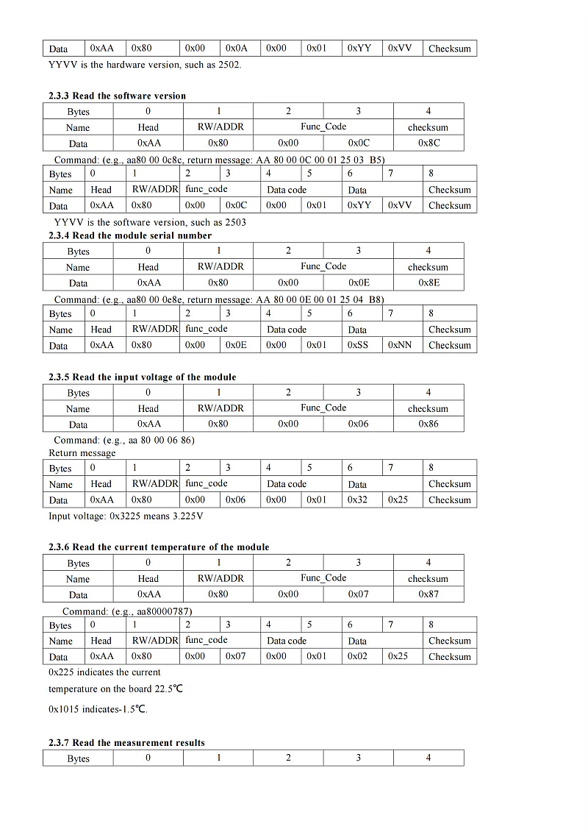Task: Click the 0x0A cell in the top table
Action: click(237, 49)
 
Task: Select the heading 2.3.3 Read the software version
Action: click(117, 96)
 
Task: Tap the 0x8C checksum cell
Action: click(429, 143)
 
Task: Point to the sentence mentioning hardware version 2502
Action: click(144, 65)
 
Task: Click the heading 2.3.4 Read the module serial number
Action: click(129, 235)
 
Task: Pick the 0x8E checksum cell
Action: click(429, 282)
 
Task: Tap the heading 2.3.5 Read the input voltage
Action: click(142, 377)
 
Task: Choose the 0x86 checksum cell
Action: click(429, 424)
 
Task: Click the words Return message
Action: click(82, 453)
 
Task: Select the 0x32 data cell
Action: click(357, 499)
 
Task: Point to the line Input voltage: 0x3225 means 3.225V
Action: click(126, 516)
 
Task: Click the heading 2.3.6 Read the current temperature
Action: click(159, 547)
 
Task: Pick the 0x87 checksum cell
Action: click(429, 594)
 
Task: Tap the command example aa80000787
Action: click(128, 611)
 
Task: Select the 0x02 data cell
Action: click(357, 656)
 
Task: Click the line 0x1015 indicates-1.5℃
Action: click(98, 709)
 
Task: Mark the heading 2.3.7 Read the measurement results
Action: click(126, 742)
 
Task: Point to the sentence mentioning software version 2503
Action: click(150, 222)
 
